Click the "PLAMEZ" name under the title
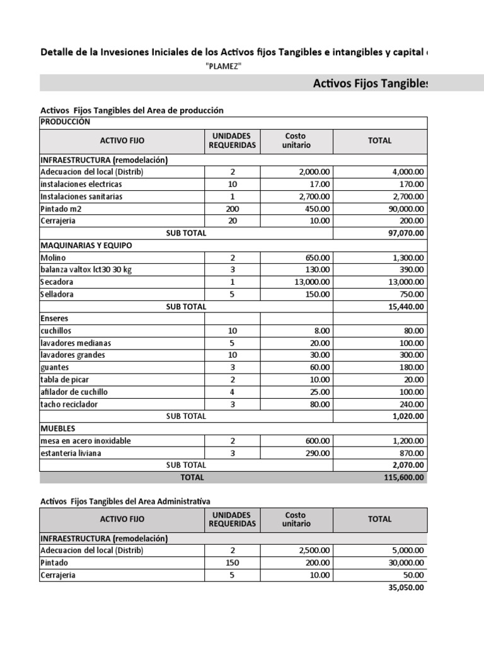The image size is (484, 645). [224, 67]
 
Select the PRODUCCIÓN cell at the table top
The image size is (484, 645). [66, 122]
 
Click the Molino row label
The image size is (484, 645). [53, 258]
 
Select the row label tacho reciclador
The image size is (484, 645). [69, 404]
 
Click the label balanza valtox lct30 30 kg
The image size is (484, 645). [86, 270]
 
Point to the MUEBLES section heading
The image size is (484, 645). [58, 428]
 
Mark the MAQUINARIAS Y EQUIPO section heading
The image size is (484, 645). [86, 245]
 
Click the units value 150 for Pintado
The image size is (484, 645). [232, 562]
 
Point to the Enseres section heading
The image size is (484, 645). [54, 319]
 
